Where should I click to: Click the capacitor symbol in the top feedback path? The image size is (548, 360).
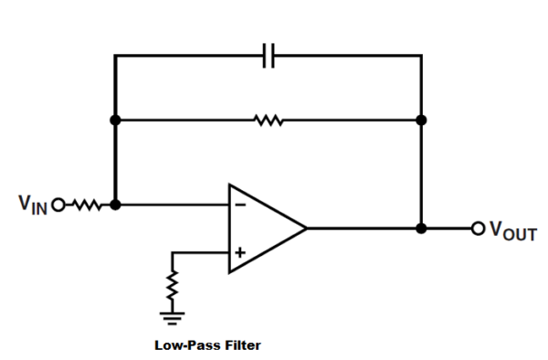click(x=269, y=57)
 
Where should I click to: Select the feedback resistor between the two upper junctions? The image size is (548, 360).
click(x=269, y=120)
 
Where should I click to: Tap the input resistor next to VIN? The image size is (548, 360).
click(x=89, y=205)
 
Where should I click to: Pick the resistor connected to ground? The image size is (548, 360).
click(x=172, y=289)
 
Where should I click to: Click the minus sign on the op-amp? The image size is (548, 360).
click(x=240, y=206)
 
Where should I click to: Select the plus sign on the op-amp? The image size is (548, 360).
click(x=240, y=252)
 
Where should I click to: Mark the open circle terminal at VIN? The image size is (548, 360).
click(x=60, y=205)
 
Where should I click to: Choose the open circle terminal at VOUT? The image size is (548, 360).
click(x=476, y=228)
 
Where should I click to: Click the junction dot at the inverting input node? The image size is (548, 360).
click(x=115, y=205)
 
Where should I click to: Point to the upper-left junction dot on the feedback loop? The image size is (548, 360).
click(x=115, y=120)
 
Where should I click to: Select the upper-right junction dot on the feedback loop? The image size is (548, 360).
click(x=421, y=120)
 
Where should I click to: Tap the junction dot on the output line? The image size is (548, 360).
click(x=421, y=228)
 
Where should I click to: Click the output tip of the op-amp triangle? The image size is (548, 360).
click(x=306, y=228)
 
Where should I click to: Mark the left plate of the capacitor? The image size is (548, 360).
click(x=264, y=57)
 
